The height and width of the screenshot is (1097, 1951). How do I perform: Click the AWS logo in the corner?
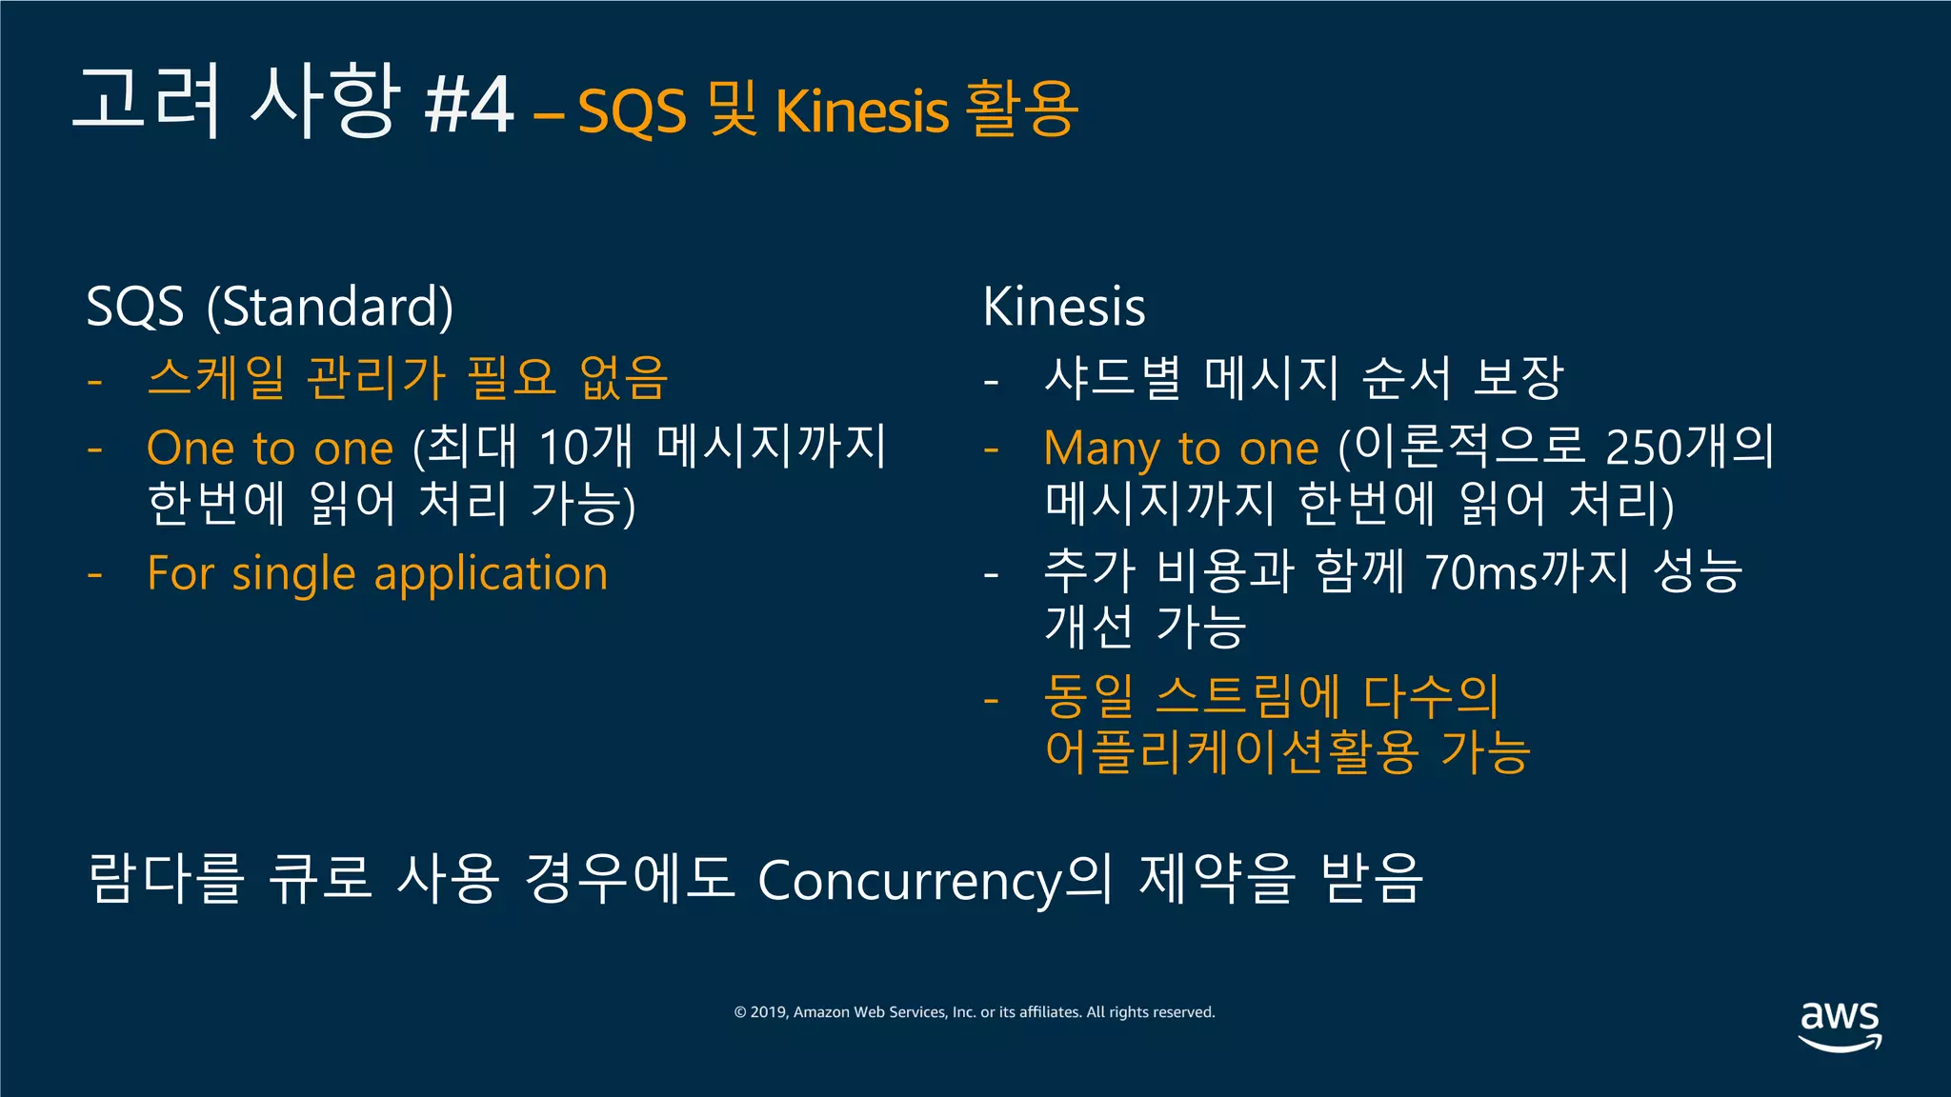coord(1840,1025)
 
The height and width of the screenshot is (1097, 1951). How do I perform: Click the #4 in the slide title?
coord(470,105)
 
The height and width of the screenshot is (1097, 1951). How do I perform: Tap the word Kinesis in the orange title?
coord(862,110)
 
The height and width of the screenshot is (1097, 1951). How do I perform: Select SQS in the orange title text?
coord(632,110)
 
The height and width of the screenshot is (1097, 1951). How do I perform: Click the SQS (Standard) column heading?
coord(270,307)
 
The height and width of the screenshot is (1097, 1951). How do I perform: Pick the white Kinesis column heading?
coord(1064,307)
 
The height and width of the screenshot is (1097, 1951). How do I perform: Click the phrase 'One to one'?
coord(270,448)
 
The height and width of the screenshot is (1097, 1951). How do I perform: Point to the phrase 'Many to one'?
coord(1181,448)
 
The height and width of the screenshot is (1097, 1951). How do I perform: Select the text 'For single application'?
coord(377,573)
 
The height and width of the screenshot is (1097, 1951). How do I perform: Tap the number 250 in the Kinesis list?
coord(1643,448)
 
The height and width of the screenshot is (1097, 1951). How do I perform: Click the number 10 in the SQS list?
coord(562,448)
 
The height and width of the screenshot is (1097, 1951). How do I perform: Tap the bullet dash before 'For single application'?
coord(94,575)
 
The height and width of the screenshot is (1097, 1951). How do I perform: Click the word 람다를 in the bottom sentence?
coord(166,878)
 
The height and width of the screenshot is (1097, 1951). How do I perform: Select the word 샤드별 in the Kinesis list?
coord(1112,377)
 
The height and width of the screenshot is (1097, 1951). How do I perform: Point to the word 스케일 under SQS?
coord(215,377)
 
